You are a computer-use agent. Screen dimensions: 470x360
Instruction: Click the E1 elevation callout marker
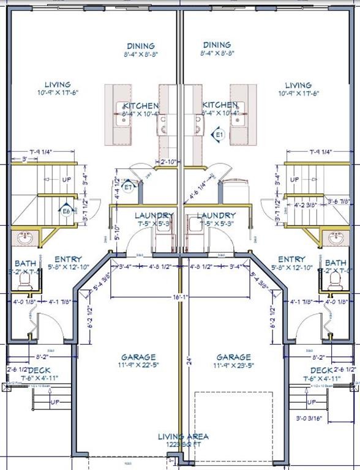(x=219, y=133)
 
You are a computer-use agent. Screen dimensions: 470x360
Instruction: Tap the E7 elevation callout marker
(x=127, y=187)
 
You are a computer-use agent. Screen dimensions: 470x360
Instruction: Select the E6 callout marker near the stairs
(x=67, y=211)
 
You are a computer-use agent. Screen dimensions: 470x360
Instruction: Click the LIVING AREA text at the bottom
(x=183, y=436)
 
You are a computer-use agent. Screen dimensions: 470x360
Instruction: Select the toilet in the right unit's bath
(x=335, y=280)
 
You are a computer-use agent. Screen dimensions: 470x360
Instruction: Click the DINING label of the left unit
(x=141, y=46)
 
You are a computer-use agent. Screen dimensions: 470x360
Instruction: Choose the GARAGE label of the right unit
(x=233, y=357)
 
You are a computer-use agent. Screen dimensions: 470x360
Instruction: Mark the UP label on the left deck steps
(x=54, y=403)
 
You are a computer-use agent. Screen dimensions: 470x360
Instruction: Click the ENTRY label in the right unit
(x=291, y=259)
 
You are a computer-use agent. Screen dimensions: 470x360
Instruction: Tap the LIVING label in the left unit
(x=58, y=84)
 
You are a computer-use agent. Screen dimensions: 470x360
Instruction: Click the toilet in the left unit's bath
(x=25, y=280)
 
